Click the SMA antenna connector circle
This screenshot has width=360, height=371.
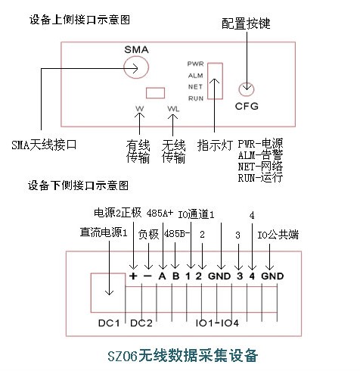click(x=124, y=67)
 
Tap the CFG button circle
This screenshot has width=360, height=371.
click(x=239, y=89)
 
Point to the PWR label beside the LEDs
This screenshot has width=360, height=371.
click(x=195, y=64)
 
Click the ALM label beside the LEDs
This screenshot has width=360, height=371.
click(x=196, y=76)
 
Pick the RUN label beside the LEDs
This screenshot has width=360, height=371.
click(x=196, y=98)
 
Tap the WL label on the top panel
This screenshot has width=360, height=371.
click(x=173, y=109)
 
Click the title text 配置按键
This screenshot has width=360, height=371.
click(x=246, y=23)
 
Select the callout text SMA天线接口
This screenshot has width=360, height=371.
click(x=44, y=145)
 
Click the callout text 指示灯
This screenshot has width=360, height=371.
click(x=215, y=145)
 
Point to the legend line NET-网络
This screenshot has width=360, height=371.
click(x=260, y=167)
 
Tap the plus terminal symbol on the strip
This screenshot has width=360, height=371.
click(x=133, y=276)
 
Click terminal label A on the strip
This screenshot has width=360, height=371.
click(x=162, y=276)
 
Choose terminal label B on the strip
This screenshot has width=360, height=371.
click(x=176, y=276)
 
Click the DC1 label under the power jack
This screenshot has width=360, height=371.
click(x=109, y=323)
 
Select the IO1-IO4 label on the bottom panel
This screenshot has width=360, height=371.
click(x=217, y=323)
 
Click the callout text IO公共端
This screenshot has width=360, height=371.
click(x=278, y=235)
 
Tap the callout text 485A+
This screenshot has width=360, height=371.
click(x=160, y=214)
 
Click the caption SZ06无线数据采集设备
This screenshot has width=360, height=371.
click(x=183, y=356)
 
